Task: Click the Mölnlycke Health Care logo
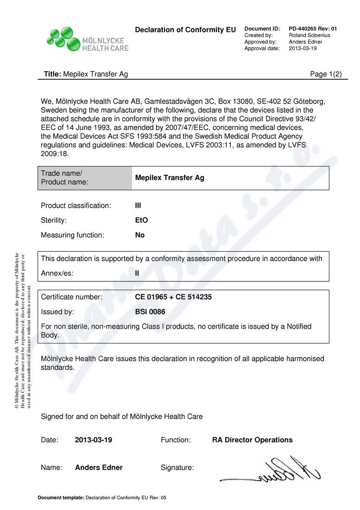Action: pos(87,39)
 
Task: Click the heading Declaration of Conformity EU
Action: pos(185,30)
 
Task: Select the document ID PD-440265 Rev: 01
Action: pos(313,29)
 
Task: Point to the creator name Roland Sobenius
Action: pos(309,35)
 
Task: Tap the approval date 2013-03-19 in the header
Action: pos(303,48)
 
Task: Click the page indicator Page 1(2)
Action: pos(326,74)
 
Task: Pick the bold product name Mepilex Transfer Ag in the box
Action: pos(169,178)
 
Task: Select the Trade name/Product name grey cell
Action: pos(85,178)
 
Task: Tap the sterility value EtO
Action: pos(141,220)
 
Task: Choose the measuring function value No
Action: pos(139,235)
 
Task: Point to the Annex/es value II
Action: pos(137,273)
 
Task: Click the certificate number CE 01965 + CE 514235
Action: pos(173,297)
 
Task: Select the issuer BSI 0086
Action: pos(150,312)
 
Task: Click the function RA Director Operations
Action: pos(252,440)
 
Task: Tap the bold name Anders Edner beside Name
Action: pos(99,468)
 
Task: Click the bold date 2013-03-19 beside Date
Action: pos(94,440)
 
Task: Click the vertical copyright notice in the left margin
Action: pos(23,330)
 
